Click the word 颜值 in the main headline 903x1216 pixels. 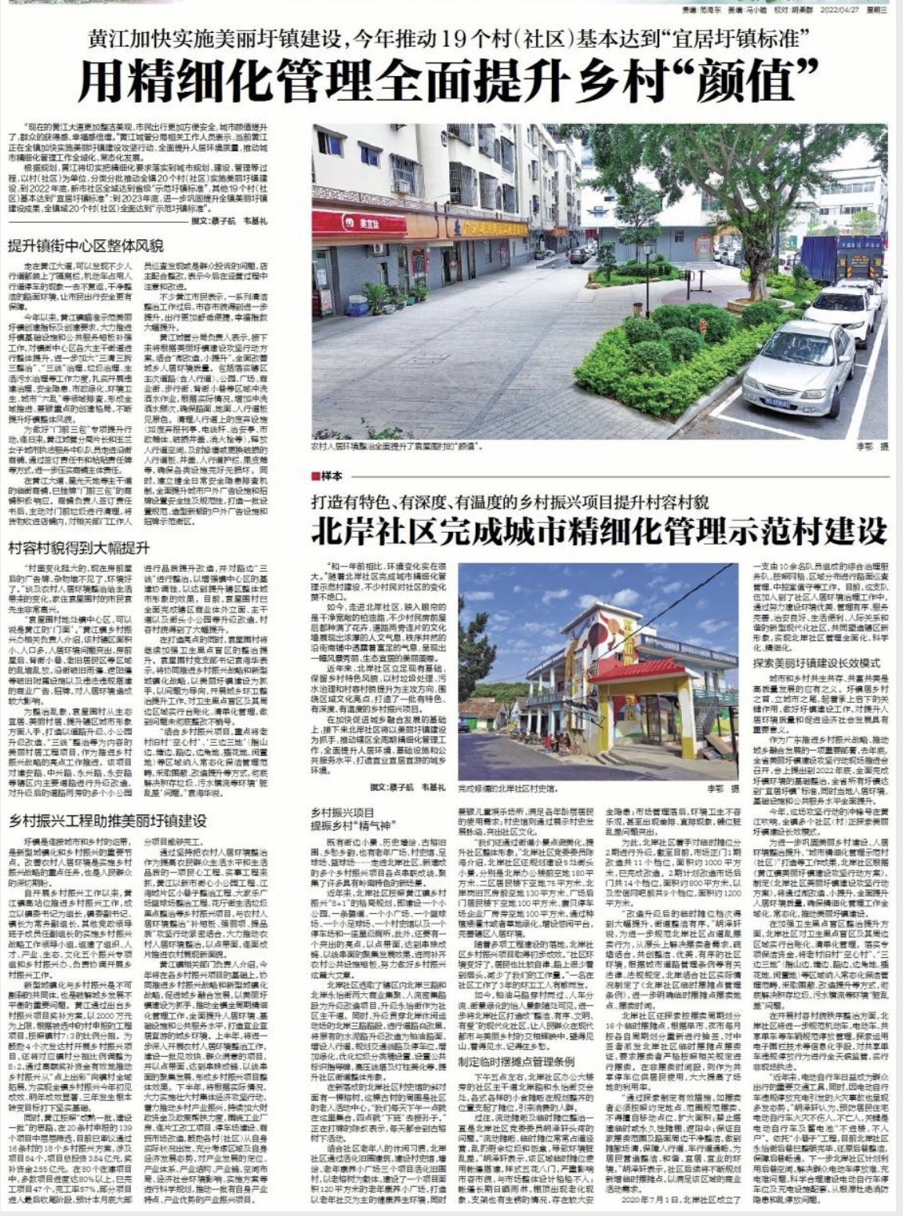[757, 80]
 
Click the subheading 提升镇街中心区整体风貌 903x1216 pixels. [85, 245]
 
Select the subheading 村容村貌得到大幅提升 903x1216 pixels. [79, 548]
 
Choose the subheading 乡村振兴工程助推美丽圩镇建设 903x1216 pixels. [107, 821]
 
